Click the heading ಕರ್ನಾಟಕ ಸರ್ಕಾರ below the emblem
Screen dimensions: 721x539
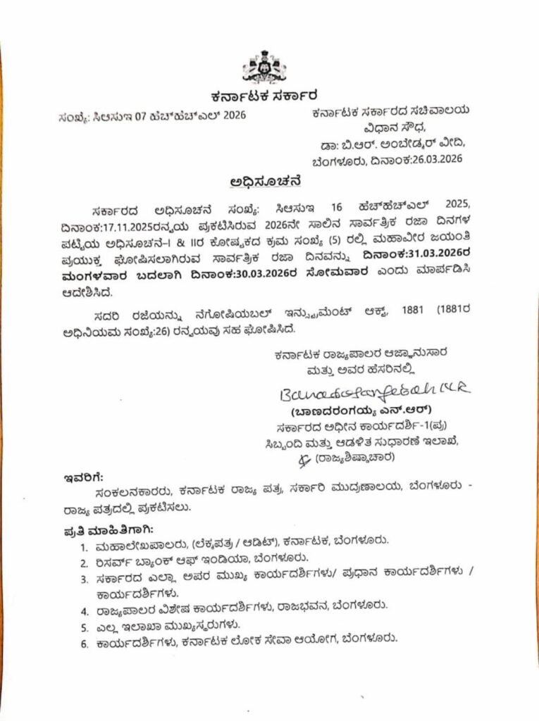[x=264, y=95]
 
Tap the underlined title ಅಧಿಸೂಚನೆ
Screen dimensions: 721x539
[x=266, y=181]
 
